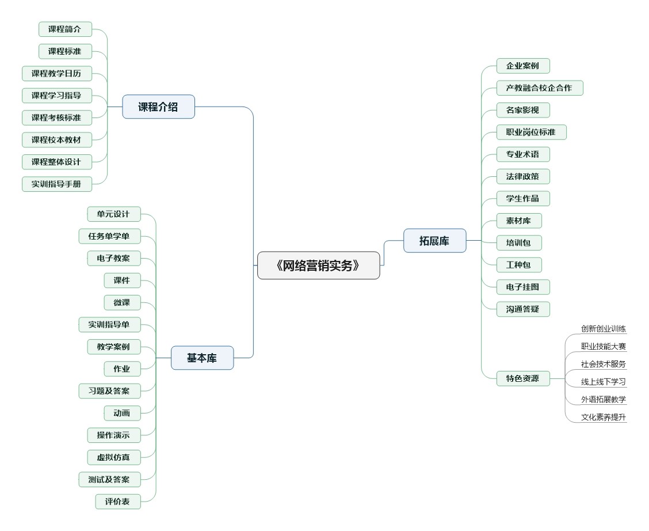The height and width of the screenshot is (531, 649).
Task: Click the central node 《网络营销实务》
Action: coord(318,265)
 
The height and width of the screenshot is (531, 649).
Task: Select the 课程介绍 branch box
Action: coord(158,107)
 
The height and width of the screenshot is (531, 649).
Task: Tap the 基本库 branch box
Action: coord(202,358)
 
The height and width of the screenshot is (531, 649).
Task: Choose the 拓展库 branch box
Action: coord(434,241)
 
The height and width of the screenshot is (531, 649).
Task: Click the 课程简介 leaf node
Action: coord(64,29)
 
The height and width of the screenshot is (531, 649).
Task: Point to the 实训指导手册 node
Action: coord(56,184)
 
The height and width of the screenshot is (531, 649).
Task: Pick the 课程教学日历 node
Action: coord(56,74)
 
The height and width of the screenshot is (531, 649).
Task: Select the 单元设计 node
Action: coord(113,214)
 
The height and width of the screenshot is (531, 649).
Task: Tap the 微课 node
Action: coord(122,302)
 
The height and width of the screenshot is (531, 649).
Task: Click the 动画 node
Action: coord(122,413)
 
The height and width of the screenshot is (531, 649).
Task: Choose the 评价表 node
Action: coord(117,502)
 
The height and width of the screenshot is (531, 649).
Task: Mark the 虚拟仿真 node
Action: coord(113,457)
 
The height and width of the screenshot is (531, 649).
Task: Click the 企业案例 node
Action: coord(522,66)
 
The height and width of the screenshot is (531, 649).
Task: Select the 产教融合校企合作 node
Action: coord(539,88)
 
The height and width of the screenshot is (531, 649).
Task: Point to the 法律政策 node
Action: coord(522,176)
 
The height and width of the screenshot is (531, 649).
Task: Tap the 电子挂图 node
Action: coord(522,287)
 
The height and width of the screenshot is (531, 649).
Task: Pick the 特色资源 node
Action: coord(522,378)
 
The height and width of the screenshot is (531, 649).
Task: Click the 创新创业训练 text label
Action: coord(604,329)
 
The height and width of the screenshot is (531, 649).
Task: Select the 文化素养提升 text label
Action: coord(604,417)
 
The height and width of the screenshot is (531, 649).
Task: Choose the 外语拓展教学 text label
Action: coord(604,400)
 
